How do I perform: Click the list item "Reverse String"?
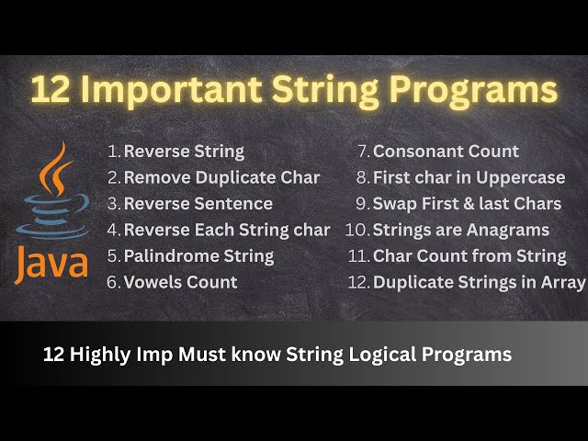click(x=184, y=152)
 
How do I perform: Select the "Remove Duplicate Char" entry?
click(x=221, y=177)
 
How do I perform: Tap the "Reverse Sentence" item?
click(x=198, y=203)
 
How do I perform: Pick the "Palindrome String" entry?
click(x=198, y=255)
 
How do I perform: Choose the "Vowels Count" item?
click(x=180, y=282)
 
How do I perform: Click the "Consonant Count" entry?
click(x=446, y=152)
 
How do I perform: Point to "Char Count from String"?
click(x=469, y=255)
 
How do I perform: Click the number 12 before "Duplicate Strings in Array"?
click(x=357, y=282)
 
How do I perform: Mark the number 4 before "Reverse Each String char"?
click(x=113, y=230)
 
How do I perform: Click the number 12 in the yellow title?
click(x=51, y=91)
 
